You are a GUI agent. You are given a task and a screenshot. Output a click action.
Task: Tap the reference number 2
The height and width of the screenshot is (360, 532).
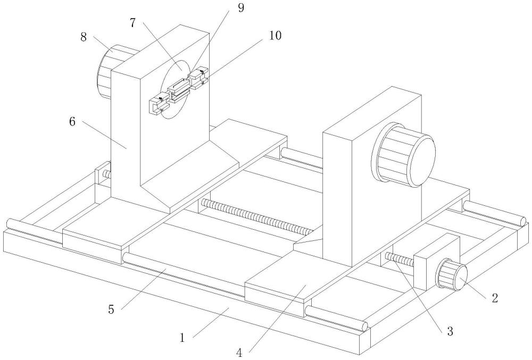494,298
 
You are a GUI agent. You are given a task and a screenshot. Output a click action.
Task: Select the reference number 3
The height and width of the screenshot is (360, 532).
449,331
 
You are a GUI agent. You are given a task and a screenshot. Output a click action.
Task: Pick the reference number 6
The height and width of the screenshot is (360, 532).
72,121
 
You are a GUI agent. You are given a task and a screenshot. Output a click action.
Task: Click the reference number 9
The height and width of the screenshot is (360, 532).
240,7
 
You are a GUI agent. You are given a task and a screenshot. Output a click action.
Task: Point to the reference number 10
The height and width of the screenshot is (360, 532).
275,36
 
